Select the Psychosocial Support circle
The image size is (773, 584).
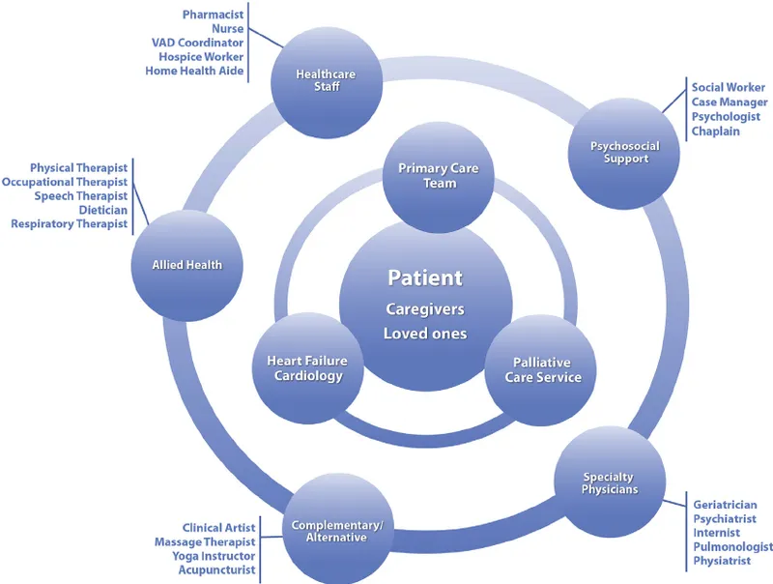pos(625,153)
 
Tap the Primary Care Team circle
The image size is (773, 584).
pos(439,177)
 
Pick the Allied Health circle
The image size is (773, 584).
pos(186,265)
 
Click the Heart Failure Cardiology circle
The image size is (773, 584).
pos(305,367)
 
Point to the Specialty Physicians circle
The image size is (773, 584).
pos(609,482)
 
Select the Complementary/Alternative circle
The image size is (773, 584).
pos(337,530)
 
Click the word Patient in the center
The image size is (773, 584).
pos(425,278)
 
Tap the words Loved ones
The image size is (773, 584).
pos(425,334)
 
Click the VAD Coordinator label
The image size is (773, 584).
pos(197,43)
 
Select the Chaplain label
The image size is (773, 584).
pos(715,131)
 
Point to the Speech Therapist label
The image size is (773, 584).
pos(81,196)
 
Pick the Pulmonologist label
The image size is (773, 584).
pos(732,547)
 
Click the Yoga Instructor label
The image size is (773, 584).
pos(214,556)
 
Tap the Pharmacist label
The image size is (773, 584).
pos(214,15)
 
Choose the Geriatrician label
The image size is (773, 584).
pos(725,505)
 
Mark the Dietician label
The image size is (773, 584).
pos(103,210)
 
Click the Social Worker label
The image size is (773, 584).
pos(729,88)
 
